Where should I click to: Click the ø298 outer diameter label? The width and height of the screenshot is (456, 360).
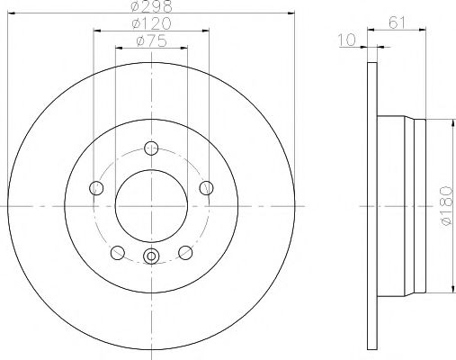coord(150,6)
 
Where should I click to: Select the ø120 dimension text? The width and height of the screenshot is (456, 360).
coord(150,23)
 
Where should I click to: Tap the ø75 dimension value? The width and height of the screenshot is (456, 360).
coord(150,40)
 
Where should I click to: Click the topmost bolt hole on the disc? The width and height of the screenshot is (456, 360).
coord(151,147)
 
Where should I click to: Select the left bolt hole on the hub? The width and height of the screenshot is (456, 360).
coord(95,187)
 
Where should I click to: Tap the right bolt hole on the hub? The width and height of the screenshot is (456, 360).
coord(206,187)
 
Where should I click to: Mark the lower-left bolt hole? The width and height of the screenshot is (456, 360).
coord(117,252)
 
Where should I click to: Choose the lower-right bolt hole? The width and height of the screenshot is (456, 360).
coord(185,252)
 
